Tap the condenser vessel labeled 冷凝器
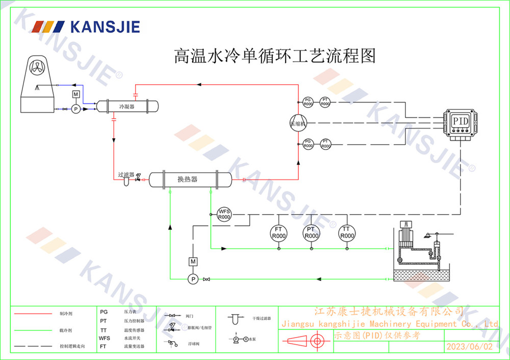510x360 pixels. point(127,106)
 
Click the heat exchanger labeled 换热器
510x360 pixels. point(188,179)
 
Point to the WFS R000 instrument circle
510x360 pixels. point(224,214)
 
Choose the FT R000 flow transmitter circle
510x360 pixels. point(278,233)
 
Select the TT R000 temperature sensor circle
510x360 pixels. point(347,233)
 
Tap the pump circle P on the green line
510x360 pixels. point(193,279)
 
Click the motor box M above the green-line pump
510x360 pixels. point(193,262)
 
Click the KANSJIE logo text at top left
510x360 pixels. point(105,27)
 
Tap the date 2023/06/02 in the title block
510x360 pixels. point(470,347)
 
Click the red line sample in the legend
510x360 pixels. point(33,314)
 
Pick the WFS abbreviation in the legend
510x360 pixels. point(105,338)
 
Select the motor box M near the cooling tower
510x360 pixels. point(76,94)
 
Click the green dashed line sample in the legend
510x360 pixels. point(33,330)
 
